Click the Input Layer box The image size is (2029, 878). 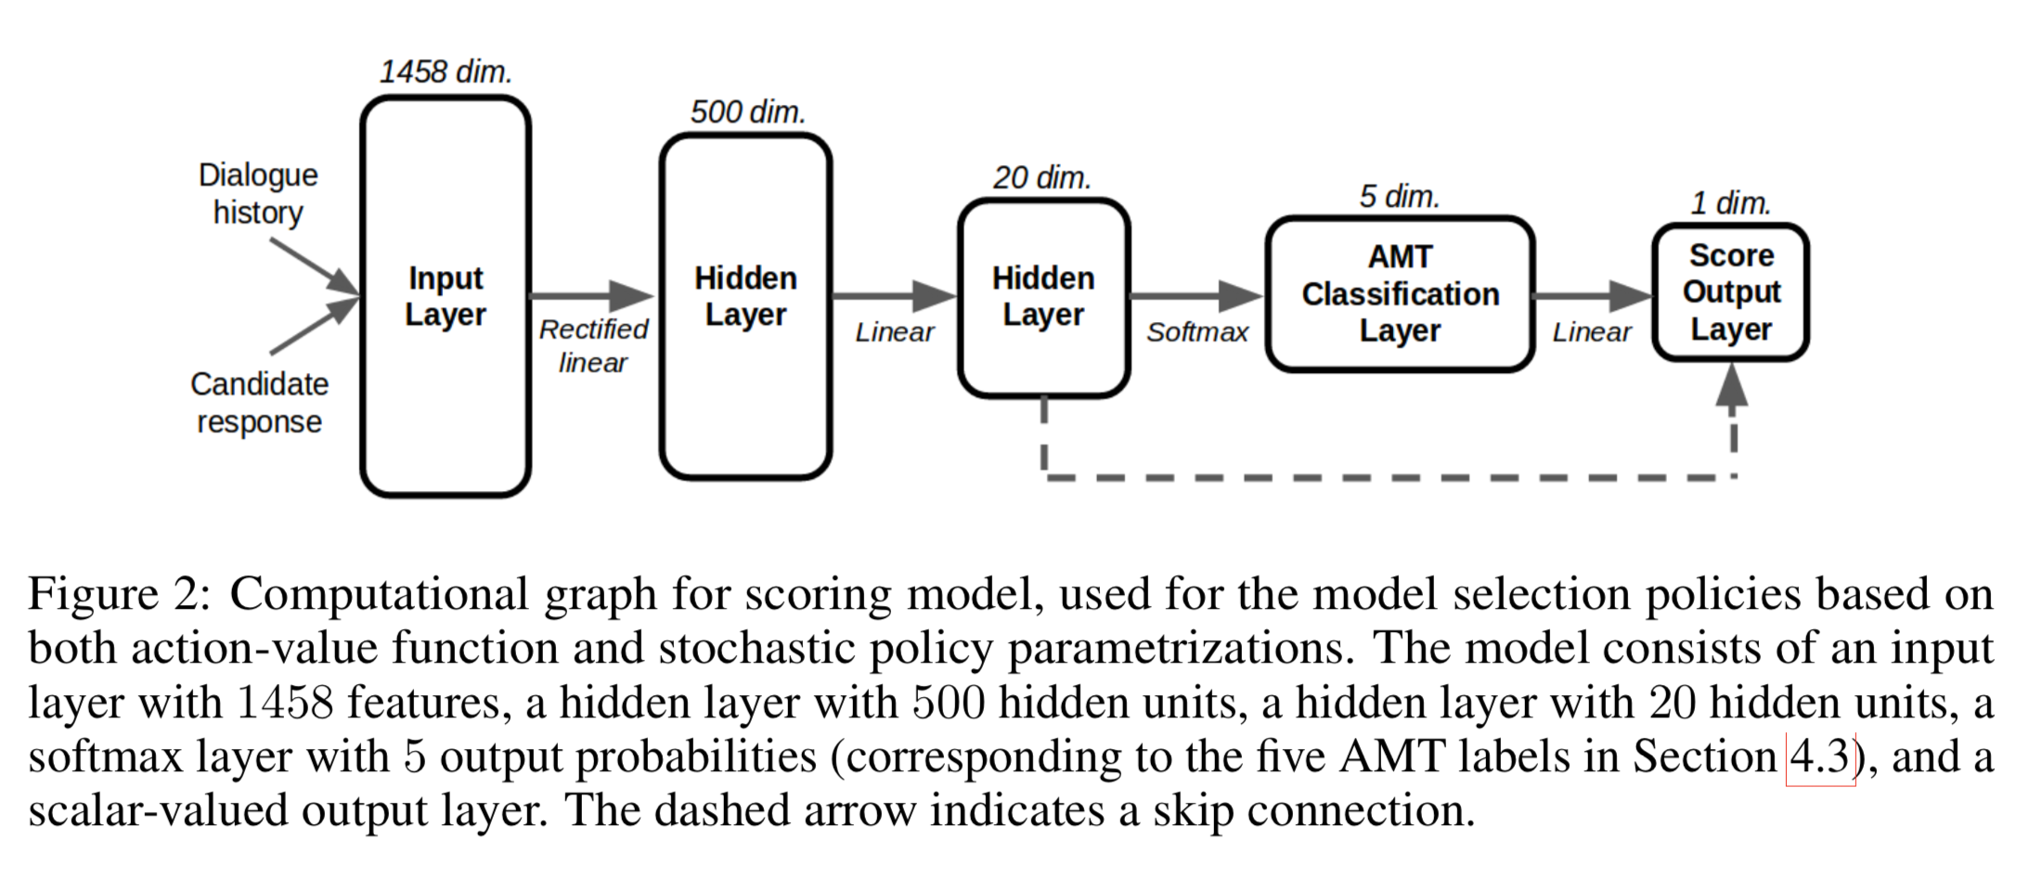(446, 297)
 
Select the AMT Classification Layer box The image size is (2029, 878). (1400, 294)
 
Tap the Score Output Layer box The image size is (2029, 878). (1730, 292)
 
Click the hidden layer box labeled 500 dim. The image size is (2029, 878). (745, 306)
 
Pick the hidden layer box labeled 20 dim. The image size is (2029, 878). (1043, 297)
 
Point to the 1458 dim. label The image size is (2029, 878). (446, 71)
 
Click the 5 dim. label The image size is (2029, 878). (1400, 197)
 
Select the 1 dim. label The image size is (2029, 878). (1730, 203)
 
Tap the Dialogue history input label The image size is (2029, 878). (258, 193)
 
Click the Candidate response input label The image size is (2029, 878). (259, 403)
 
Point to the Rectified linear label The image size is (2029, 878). (593, 345)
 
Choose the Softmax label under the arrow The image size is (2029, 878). (1196, 332)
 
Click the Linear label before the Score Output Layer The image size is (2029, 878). (1591, 332)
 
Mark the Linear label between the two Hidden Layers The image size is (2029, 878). (894, 332)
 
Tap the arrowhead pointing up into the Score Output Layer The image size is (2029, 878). (1732, 385)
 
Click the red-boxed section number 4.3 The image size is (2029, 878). (1819, 757)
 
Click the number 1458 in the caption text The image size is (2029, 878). (284, 704)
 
